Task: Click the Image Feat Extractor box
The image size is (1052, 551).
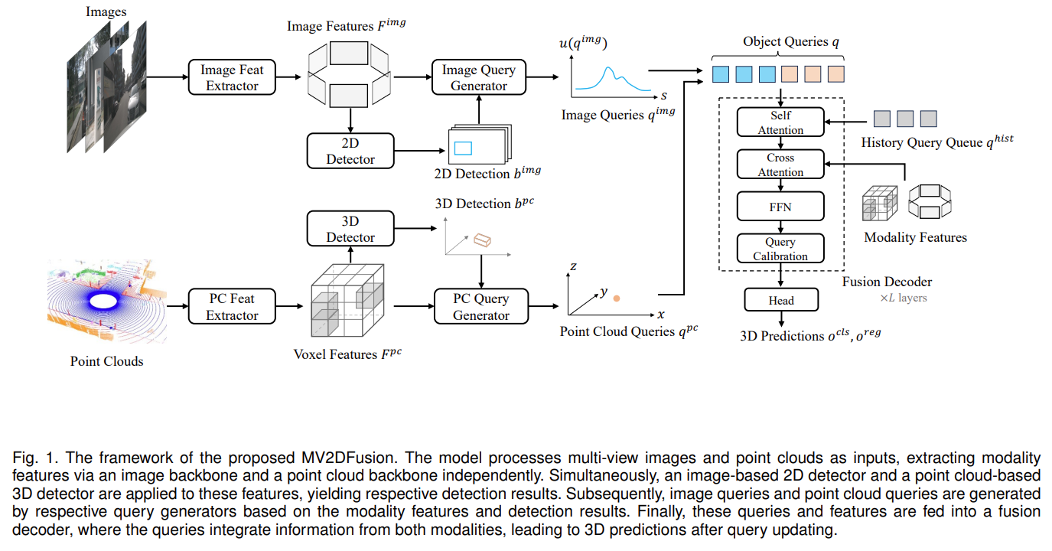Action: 232,77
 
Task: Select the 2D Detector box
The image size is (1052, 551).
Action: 350,151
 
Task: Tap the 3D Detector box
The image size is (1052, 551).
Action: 350,229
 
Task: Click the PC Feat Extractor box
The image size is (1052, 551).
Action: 232,306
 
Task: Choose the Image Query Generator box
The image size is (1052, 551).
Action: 479,77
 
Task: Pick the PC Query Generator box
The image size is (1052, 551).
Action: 481,306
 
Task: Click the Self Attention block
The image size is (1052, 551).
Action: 780,122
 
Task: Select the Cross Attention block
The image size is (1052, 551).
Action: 780,165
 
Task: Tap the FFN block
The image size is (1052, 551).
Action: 780,206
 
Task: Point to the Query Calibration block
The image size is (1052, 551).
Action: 780,249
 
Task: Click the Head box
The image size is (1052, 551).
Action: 781,300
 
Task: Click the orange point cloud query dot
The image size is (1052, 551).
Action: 617,298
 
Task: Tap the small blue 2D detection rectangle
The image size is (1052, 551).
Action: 463,148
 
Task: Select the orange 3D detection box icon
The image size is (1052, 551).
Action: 482,240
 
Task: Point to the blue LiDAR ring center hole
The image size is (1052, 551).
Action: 103,301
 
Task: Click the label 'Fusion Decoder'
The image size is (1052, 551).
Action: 887,282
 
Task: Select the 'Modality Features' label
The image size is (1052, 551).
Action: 915,237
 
